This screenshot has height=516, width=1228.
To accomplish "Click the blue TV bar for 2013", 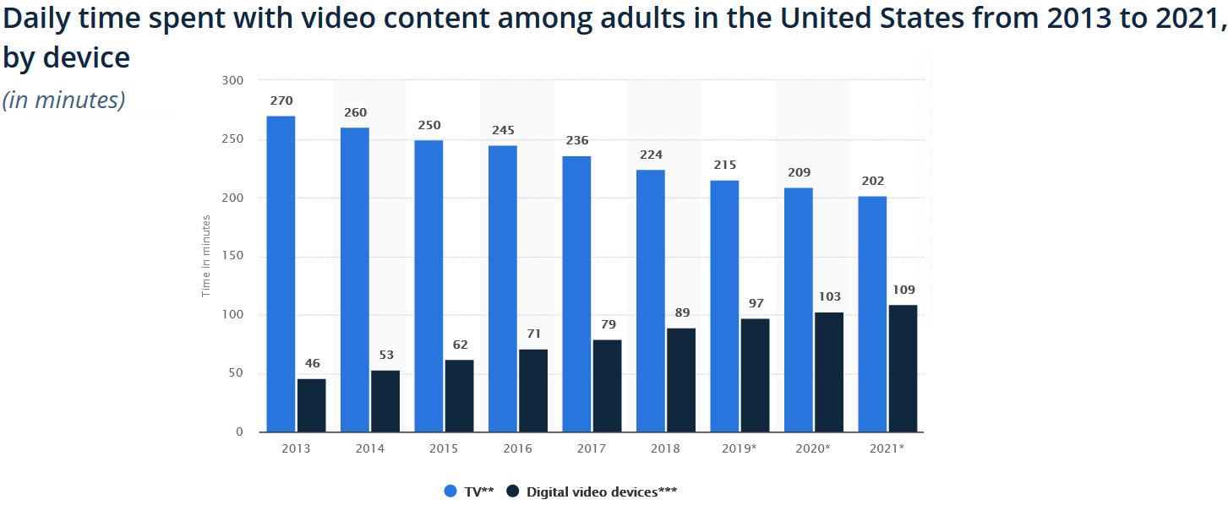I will click(x=281, y=274).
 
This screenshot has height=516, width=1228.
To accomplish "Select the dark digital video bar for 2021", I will click(x=903, y=368).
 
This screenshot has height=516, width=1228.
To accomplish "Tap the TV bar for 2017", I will click(x=576, y=294).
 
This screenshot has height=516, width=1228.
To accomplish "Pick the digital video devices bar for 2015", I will click(x=459, y=396).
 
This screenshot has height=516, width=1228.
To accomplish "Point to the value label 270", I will click(x=281, y=101).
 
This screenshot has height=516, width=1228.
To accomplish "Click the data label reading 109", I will click(x=903, y=290).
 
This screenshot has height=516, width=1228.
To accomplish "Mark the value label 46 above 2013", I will click(x=312, y=364).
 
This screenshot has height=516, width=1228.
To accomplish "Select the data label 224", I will click(x=651, y=155).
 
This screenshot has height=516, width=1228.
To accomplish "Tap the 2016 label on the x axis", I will click(x=517, y=448).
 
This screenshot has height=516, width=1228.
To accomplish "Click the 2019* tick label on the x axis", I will click(x=740, y=448).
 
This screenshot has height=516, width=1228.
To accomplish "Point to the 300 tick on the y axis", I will click(x=232, y=81).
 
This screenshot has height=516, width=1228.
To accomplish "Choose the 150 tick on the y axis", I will click(x=232, y=257).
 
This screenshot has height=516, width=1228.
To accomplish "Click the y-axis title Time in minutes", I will click(x=206, y=257).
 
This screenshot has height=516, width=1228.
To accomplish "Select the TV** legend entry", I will click(x=470, y=492).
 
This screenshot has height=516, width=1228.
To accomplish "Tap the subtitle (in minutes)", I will click(x=63, y=100).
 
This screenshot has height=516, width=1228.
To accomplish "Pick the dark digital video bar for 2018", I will click(x=681, y=380).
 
